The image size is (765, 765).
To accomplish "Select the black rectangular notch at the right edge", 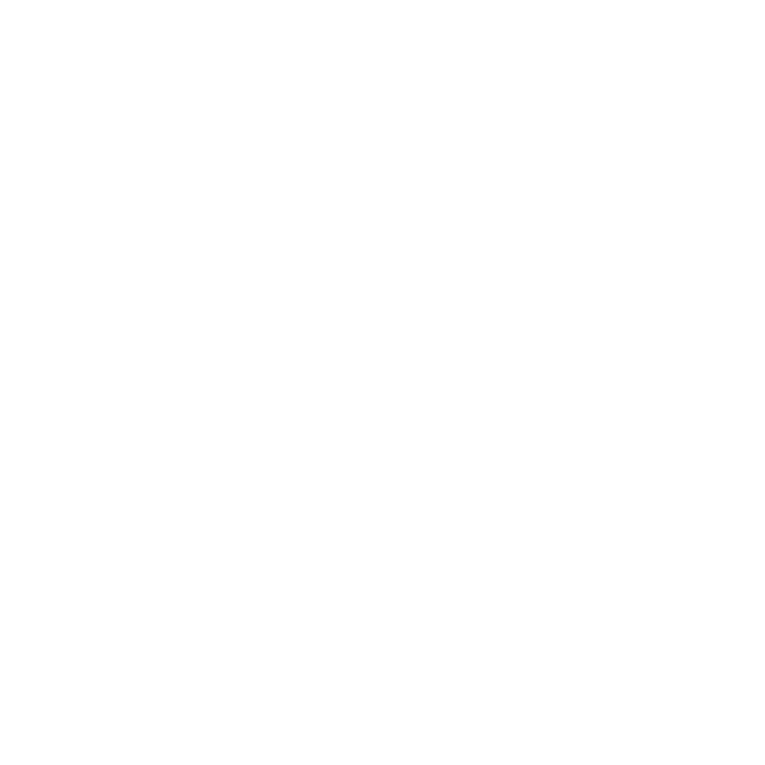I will click(x=677, y=325).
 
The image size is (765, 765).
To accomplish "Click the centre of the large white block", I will click(x=478, y=421).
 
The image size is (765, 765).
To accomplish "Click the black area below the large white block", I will click(x=478, y=622).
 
